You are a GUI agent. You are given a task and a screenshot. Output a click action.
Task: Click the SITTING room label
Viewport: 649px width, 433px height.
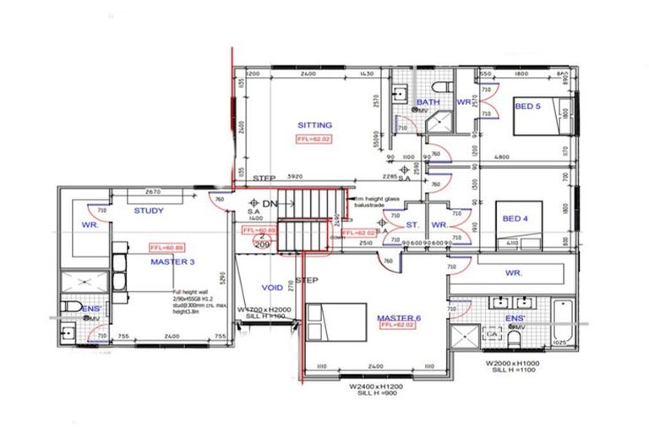pyautogui.click(x=314, y=124)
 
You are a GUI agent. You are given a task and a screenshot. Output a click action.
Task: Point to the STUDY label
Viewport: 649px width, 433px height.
pyautogui.click(x=149, y=211)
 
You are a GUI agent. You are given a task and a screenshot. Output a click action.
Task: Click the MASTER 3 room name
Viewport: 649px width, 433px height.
pyautogui.click(x=172, y=262)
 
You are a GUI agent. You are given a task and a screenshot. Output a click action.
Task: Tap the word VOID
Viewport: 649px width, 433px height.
pyautogui.click(x=273, y=288)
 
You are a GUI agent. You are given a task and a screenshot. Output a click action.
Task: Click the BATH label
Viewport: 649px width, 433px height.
pyautogui.click(x=428, y=102)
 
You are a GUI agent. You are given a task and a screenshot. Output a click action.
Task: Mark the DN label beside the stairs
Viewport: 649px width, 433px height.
pyautogui.click(x=270, y=205)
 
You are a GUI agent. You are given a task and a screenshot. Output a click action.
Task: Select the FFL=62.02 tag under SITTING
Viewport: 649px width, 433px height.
pyautogui.click(x=314, y=139)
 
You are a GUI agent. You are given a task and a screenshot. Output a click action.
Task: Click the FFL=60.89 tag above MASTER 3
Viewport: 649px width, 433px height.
pyautogui.click(x=166, y=248)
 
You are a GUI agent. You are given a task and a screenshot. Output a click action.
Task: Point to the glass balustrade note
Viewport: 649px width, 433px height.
pyautogui.click(x=373, y=201)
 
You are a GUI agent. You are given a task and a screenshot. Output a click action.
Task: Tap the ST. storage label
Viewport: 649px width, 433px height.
pyautogui.click(x=412, y=225)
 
